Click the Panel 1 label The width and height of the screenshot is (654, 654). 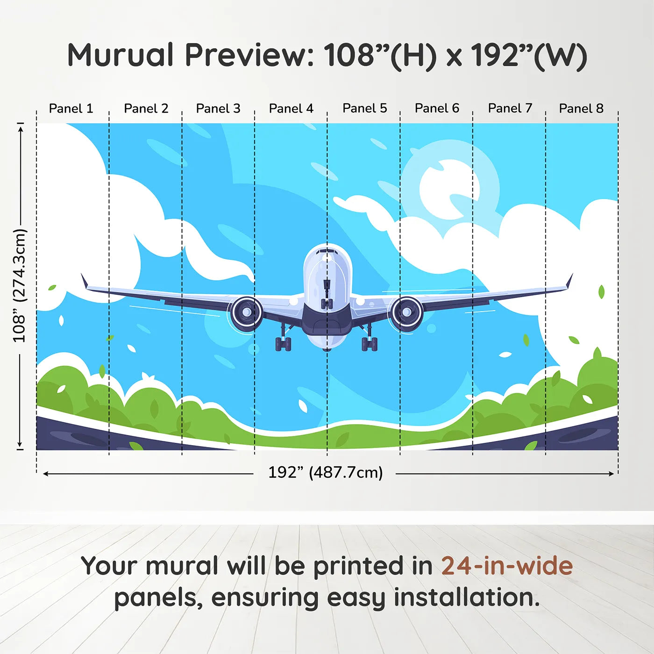click(x=71, y=108)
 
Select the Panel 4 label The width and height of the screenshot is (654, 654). click(x=291, y=108)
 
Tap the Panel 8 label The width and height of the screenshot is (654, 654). click(x=581, y=108)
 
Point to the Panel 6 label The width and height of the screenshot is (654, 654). click(x=437, y=108)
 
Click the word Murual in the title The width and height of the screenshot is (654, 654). click(x=121, y=55)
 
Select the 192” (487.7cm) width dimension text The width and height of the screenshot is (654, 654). click(x=325, y=472)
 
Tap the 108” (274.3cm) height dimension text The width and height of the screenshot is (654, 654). click(x=20, y=285)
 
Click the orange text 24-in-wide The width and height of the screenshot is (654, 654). click(x=507, y=566)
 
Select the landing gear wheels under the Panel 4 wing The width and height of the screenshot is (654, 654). click(x=283, y=343)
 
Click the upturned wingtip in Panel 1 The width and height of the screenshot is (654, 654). click(x=84, y=281)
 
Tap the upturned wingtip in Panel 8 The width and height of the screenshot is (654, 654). click(x=569, y=281)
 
